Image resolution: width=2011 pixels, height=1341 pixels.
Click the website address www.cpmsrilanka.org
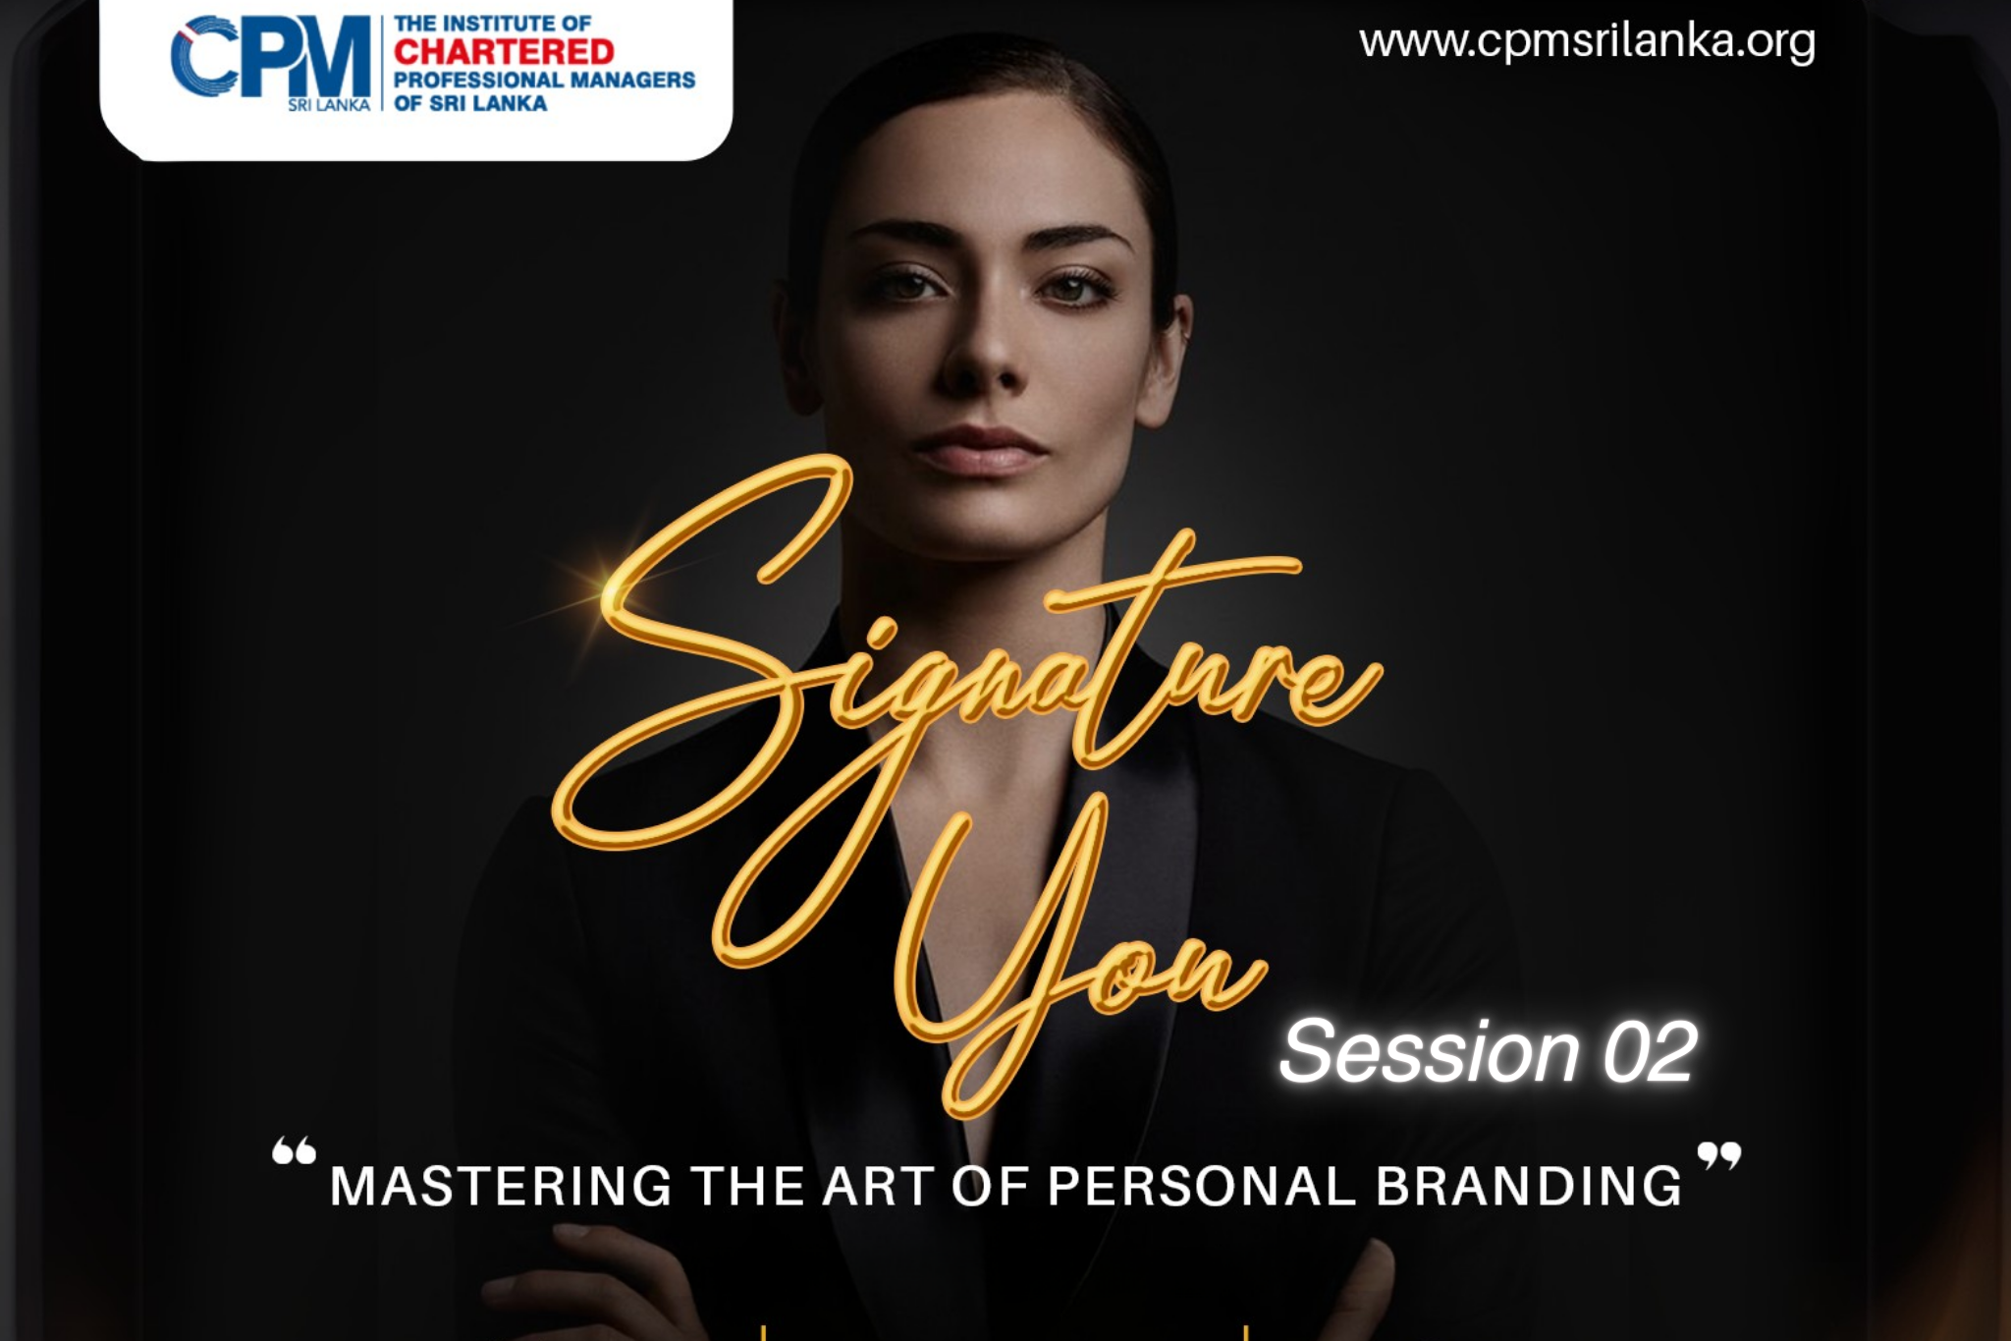1587,42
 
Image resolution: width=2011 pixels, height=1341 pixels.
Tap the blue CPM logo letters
271,56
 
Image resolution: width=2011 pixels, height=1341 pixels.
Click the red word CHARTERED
504,51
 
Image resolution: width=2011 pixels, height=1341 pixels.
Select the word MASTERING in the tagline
501,1186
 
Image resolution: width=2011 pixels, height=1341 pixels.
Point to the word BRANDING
1529,1186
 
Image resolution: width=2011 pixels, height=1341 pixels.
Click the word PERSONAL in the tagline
1202,1186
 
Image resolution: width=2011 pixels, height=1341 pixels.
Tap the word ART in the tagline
878,1186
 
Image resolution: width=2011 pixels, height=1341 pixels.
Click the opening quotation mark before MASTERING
294,1150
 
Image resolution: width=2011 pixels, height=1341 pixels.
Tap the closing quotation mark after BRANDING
1719,1155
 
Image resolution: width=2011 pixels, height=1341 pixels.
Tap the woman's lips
977,450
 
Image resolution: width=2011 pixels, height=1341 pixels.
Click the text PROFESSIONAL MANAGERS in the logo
544,80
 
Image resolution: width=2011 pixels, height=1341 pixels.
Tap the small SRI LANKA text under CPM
329,105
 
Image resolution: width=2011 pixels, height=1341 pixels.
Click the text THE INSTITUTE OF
493,23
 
